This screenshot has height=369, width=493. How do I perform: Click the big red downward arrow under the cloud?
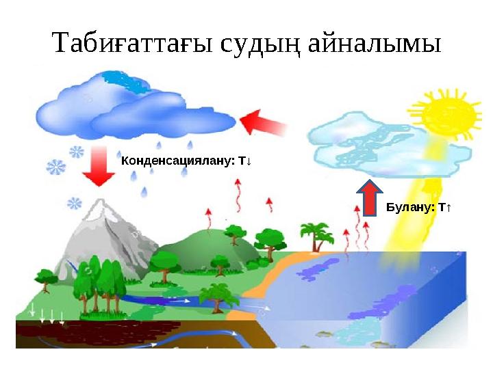pyautogui.click(x=100, y=167)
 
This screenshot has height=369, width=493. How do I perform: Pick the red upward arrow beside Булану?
pyautogui.click(x=370, y=197)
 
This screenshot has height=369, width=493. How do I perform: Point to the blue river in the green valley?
pyautogui.click(x=157, y=299)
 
